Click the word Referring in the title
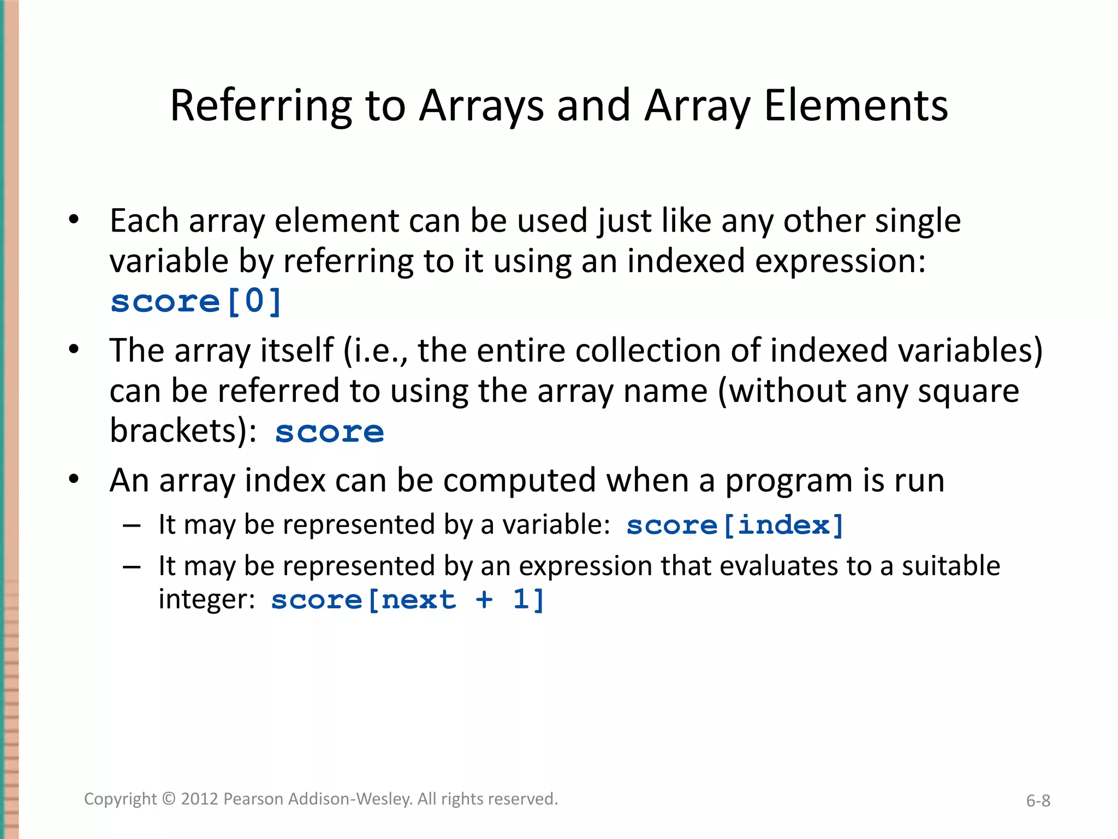coord(261,106)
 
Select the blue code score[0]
coord(196,301)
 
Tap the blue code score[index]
coord(735,525)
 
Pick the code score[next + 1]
coord(407,600)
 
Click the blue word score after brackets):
coord(330,432)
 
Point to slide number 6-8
coord(1038,801)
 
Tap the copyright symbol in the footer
coord(169,799)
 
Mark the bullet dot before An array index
coord(74,479)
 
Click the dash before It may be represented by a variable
coord(132,525)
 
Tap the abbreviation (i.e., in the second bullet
coord(376,351)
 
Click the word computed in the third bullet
coord(519,481)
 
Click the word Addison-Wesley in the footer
coord(350,799)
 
